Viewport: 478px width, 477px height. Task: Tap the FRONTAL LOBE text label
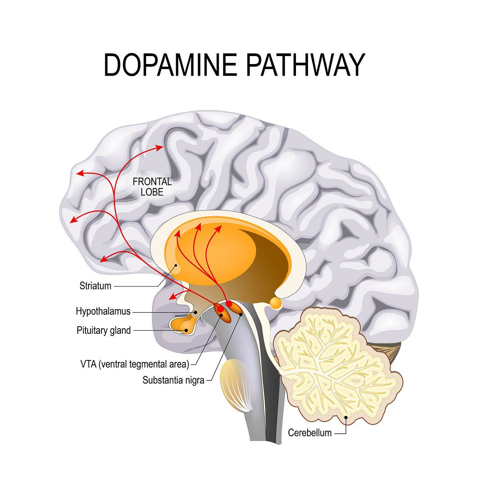[x=152, y=187]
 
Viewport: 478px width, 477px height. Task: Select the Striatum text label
[x=95, y=286]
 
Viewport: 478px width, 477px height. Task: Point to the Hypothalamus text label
[x=103, y=311]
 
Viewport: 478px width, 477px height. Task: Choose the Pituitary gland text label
[x=104, y=330]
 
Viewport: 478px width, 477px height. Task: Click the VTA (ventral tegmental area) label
[x=134, y=364]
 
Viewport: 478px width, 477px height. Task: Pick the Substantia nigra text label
[x=173, y=380]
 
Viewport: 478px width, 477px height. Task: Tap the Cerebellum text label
[x=310, y=432]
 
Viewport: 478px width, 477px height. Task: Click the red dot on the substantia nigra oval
[x=229, y=304]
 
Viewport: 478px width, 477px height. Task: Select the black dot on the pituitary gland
[x=184, y=329]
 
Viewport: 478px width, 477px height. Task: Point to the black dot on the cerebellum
[x=346, y=417]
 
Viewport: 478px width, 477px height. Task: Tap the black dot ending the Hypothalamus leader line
[x=196, y=312]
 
